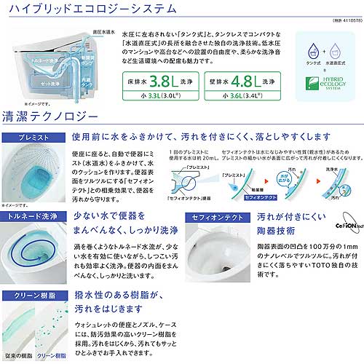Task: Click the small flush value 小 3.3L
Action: pos(162,95)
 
